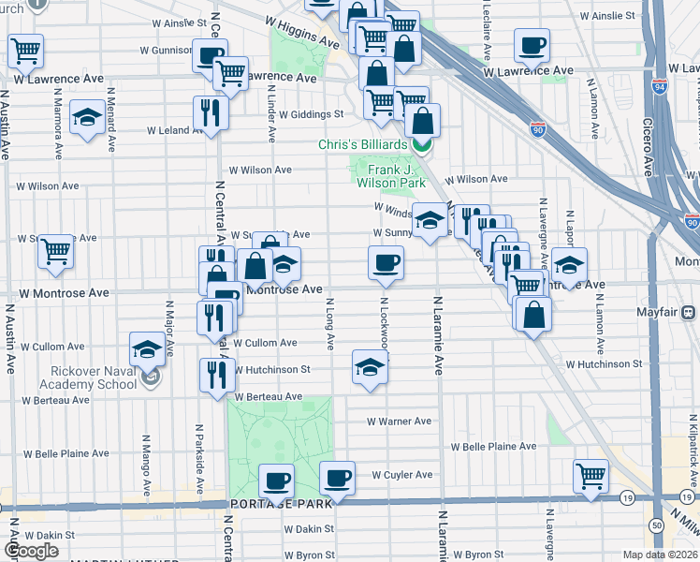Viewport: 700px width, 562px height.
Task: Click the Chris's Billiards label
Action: coord(363,144)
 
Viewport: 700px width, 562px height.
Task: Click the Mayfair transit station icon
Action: coord(689,311)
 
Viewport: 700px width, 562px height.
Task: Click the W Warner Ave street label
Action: coord(399,421)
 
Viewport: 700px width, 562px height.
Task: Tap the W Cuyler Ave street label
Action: coord(401,475)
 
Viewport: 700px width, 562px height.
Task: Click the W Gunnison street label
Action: coord(166,50)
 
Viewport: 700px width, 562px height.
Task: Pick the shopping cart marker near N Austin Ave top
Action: coord(25,52)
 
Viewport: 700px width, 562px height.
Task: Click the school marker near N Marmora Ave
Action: coord(87,119)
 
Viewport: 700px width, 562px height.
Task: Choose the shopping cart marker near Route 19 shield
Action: coord(591,476)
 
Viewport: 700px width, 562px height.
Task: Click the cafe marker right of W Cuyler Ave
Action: coord(337,478)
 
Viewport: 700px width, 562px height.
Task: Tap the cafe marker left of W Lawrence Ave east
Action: coord(532,45)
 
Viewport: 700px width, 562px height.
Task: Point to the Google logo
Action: coord(32,551)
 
